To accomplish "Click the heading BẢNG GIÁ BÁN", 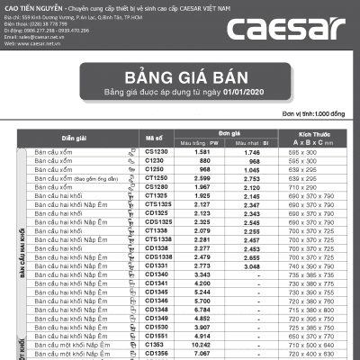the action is coord(180,76).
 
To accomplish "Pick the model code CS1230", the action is coord(156,152).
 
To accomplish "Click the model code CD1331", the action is coord(156,265).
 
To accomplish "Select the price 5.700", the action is coord(202,301).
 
